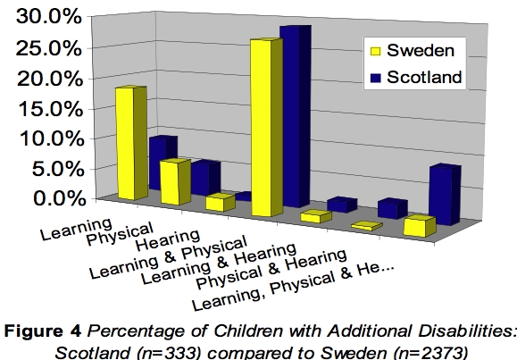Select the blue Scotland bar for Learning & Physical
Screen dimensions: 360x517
(x=295, y=116)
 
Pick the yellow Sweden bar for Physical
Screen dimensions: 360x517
(x=174, y=182)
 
